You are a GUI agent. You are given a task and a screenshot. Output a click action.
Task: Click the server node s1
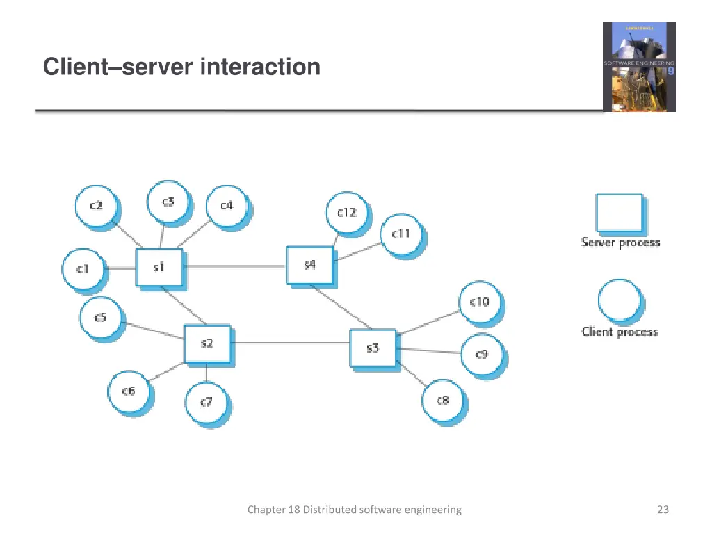tap(159, 267)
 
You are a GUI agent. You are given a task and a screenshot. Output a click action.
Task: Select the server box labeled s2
tap(207, 343)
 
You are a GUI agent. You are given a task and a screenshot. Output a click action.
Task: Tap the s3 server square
tap(372, 348)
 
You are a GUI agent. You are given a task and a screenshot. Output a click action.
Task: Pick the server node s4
tap(309, 265)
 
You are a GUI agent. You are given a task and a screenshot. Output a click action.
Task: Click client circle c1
tap(83, 268)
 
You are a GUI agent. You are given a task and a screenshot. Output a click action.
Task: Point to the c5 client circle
tap(101, 318)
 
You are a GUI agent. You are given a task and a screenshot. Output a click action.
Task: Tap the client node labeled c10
tap(479, 302)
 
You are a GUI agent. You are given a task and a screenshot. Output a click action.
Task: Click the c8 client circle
tap(443, 400)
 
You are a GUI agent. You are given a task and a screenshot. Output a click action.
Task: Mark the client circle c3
tap(168, 202)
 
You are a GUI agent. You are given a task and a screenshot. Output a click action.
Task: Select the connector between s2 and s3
tap(291, 343)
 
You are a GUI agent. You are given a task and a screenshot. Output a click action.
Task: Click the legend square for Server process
tap(619, 213)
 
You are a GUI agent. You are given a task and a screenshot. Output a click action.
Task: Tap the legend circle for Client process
tap(619, 301)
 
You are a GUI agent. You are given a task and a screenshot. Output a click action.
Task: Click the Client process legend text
tap(620, 332)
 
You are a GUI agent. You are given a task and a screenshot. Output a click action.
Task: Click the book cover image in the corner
tap(638, 67)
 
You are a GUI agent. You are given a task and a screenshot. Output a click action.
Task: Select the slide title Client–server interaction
tap(181, 67)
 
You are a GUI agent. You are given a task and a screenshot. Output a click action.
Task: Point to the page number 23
tap(663, 510)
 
